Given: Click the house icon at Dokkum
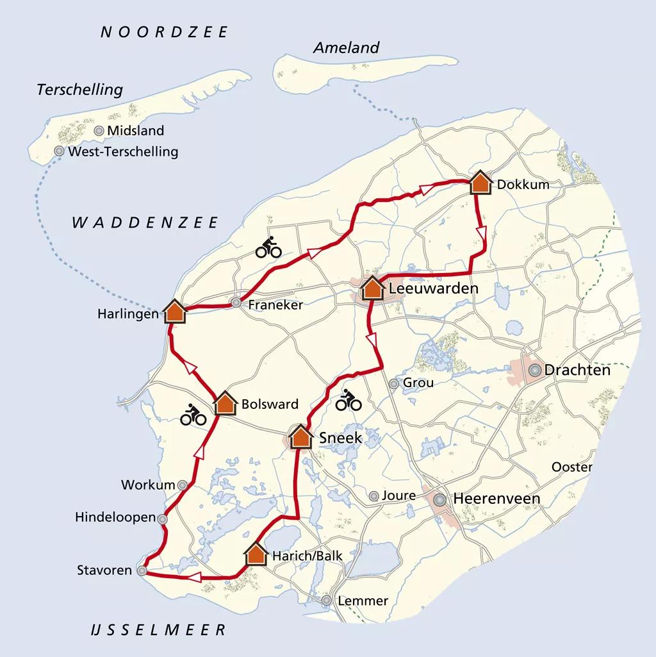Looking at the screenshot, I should pyautogui.click(x=480, y=183).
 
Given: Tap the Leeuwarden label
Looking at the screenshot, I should pyautogui.click(x=433, y=289).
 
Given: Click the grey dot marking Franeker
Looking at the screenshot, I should pyautogui.click(x=236, y=303).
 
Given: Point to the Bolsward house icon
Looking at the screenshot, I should pyautogui.click(x=225, y=403).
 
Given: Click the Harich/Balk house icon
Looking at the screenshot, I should pyautogui.click(x=256, y=554).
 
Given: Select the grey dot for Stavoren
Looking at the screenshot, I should pyautogui.click(x=142, y=570).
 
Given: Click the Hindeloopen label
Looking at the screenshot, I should pyautogui.click(x=115, y=517).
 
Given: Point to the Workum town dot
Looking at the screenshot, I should pyautogui.click(x=183, y=485).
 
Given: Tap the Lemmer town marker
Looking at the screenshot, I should pyautogui.click(x=327, y=601).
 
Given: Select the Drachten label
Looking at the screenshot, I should pyautogui.click(x=577, y=370).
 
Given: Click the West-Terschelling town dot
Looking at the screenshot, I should pyautogui.click(x=59, y=151).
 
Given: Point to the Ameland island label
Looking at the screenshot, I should pyautogui.click(x=346, y=48).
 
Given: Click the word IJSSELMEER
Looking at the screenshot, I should pyautogui.click(x=158, y=630).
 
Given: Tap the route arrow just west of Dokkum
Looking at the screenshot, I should pyautogui.click(x=426, y=188).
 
